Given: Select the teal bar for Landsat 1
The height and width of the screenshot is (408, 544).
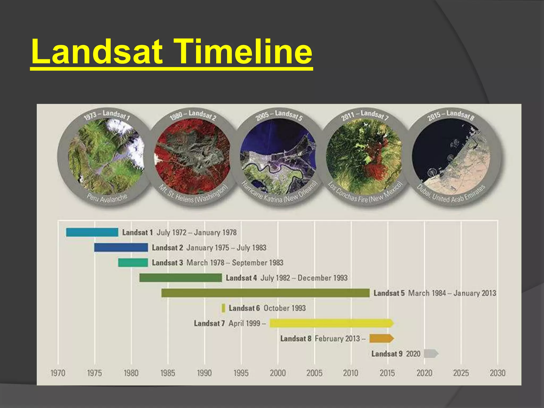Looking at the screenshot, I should (92, 232).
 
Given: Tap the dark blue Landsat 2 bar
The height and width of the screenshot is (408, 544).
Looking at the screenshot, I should (121, 247).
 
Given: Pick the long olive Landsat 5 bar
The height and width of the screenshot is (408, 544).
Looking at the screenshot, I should (265, 293).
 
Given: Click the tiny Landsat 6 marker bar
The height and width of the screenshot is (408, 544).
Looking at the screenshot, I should (223, 308).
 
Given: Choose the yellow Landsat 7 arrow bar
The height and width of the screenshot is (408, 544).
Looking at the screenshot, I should (331, 323).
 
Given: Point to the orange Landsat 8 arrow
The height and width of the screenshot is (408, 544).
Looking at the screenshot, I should (381, 338).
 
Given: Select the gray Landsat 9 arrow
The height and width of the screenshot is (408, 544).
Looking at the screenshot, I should (431, 354).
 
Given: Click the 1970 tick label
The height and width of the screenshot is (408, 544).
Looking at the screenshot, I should (58, 373).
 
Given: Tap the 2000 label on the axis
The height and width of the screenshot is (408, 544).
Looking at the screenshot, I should (278, 373).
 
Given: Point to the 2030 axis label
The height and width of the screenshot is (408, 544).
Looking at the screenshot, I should (497, 373).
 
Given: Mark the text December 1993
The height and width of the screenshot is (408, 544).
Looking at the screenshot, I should (322, 278).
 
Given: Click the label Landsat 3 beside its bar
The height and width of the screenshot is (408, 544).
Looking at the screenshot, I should (167, 263).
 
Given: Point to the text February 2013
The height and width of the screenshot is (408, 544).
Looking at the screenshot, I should (337, 338).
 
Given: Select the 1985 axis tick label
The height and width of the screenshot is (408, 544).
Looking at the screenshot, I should (168, 373).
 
